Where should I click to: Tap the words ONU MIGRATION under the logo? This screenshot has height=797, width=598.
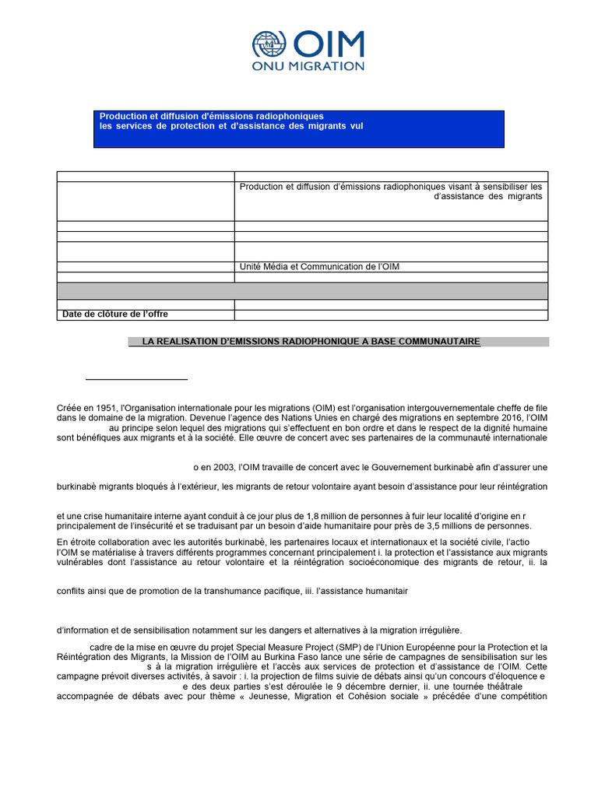pos(308,67)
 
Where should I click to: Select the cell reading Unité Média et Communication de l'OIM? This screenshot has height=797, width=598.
pos(321,267)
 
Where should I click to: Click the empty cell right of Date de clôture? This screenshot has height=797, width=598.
pos(391,314)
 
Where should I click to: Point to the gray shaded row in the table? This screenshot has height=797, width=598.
pos(302,290)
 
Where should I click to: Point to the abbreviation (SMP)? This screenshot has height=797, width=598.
pos(349,647)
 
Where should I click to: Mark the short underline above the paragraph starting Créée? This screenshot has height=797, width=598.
pos(136,379)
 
